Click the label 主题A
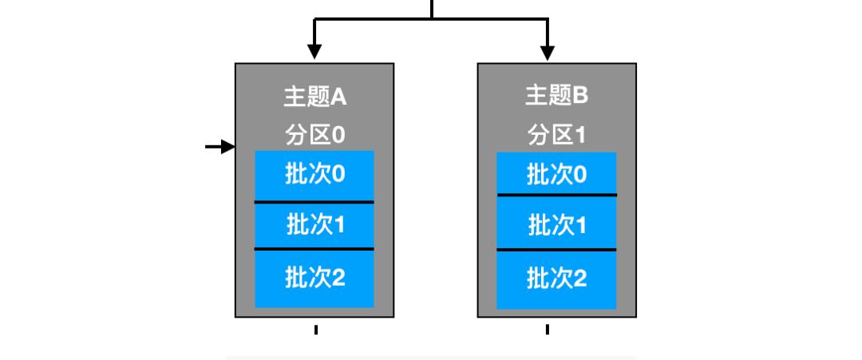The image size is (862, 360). pos(314,97)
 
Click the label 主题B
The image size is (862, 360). pos(556,97)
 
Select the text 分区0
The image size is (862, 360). pos(314,134)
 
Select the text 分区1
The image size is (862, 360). pos(556,134)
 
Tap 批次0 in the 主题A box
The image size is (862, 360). pos(314,176)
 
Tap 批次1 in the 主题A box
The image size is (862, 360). pos(314,225)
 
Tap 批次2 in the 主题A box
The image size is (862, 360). pos(314,278)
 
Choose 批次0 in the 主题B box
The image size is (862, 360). pos(556,176)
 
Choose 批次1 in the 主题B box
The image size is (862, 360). pos(556,225)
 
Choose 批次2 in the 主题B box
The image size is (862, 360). pos(556,278)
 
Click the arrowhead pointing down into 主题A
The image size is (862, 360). pos(314,52)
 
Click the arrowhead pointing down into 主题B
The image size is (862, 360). pos(548,52)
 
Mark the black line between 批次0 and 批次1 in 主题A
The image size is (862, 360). pos(314,202)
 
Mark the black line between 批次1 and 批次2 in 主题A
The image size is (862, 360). pos(314,249)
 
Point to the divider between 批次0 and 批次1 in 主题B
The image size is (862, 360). pos(556,195)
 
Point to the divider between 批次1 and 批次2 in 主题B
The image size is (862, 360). pos(556,250)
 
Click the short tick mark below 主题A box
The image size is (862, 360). pos(316,329)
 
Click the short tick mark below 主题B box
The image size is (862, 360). pos(548,329)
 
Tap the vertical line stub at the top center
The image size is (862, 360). pos(432,8)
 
